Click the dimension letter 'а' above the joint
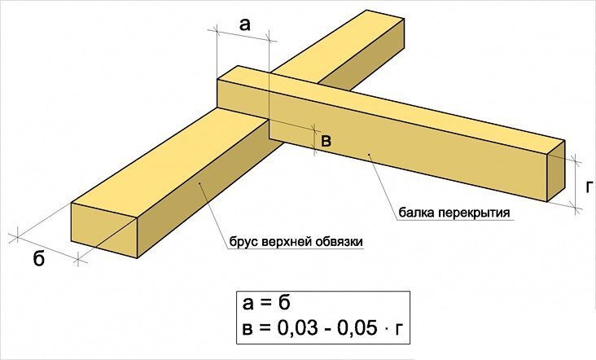245,25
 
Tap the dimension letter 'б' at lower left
39,258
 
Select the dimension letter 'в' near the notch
326,142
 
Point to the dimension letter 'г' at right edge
589,187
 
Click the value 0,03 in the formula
298,328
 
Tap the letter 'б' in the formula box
283,303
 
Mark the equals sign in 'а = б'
265,305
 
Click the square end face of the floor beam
556,171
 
